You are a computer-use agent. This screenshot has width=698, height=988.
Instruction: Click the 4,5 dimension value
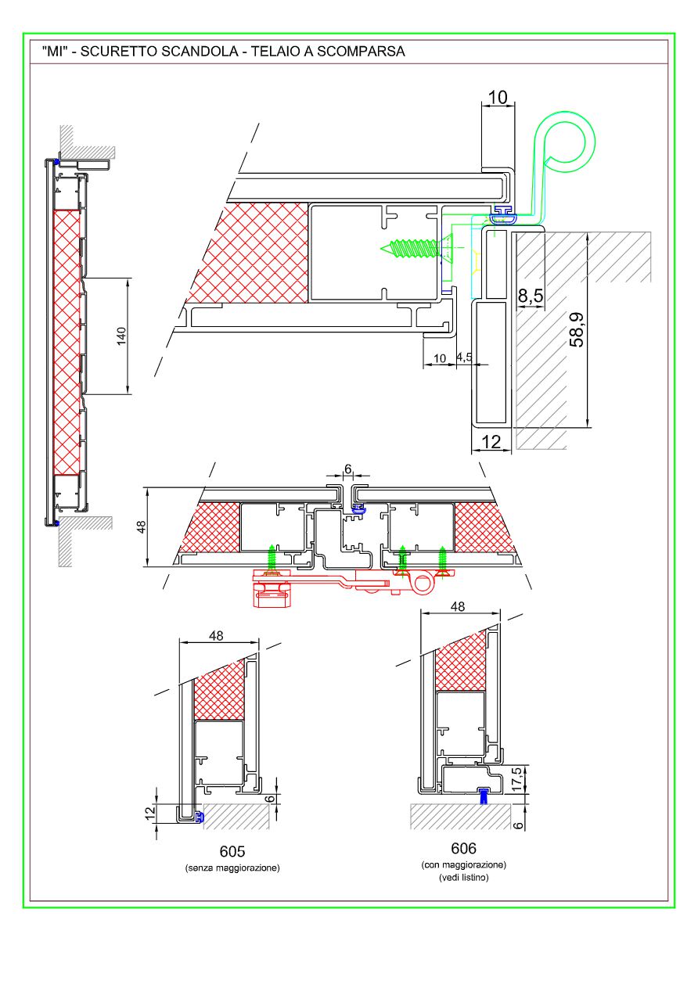pos(464,357)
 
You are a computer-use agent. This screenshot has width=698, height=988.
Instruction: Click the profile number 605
pos(232,851)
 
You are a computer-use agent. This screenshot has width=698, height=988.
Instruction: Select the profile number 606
pos(463,848)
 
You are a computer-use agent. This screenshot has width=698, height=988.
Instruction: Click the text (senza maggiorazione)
pos(232,868)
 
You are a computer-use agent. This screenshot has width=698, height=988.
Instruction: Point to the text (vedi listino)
pos(463,878)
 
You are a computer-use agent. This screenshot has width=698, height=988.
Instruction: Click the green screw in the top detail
pos(412,249)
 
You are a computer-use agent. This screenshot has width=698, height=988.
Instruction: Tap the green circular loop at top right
pos(570,140)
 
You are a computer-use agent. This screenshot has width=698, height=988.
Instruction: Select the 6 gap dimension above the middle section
pos(348,470)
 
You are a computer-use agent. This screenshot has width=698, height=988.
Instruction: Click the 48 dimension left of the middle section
pos(142,527)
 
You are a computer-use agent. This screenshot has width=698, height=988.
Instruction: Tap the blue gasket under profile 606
pos(483,796)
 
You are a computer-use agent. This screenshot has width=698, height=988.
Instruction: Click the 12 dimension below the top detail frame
pos(491,442)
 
